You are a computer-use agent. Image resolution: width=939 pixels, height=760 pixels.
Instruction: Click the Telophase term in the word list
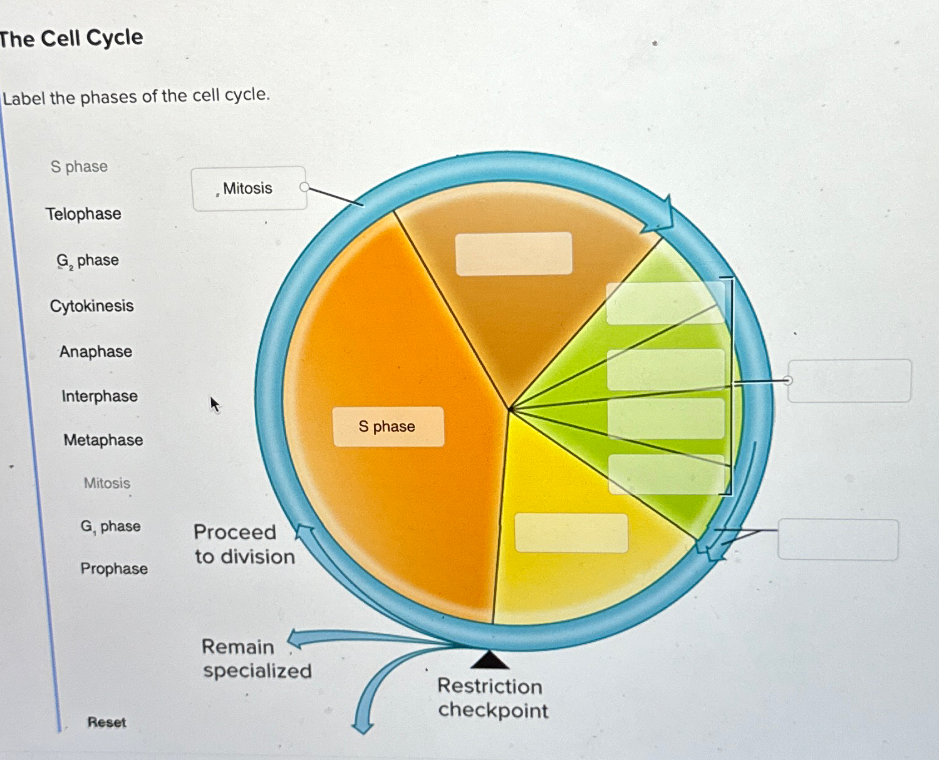[83, 214]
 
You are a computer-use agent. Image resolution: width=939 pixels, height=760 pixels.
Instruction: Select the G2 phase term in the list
[88, 261]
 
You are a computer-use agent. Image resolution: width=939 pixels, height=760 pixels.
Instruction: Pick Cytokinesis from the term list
[91, 306]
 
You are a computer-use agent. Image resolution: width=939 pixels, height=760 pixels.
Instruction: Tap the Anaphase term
[96, 351]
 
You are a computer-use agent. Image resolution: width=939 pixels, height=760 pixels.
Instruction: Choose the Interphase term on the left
[100, 396]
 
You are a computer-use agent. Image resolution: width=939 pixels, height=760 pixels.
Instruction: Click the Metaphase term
[103, 440]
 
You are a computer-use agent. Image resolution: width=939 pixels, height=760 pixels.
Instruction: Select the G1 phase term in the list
[110, 526]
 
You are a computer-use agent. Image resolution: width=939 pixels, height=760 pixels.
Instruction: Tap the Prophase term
[114, 568]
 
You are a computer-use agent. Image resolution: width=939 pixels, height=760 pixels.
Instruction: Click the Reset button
[106, 722]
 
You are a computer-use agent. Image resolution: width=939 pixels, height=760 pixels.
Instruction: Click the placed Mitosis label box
[249, 188]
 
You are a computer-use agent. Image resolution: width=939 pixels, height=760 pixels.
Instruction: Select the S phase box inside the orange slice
[388, 427]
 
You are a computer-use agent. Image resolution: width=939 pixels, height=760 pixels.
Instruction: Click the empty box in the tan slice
[514, 254]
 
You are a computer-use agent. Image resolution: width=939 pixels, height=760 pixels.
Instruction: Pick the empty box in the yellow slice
[571, 533]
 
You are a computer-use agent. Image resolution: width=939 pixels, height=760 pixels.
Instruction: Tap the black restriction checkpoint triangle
[489, 660]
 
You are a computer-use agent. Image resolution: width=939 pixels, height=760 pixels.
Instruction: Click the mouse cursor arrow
[214, 403]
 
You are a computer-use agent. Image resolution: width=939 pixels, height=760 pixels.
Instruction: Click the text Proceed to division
[244, 544]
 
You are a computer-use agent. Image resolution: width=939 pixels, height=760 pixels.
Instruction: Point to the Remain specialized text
[257, 658]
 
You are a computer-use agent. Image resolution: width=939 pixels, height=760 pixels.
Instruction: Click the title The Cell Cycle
[71, 38]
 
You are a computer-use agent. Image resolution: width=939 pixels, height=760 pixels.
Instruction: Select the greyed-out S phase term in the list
[79, 167]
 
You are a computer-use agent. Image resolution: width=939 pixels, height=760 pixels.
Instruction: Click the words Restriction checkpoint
[492, 698]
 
